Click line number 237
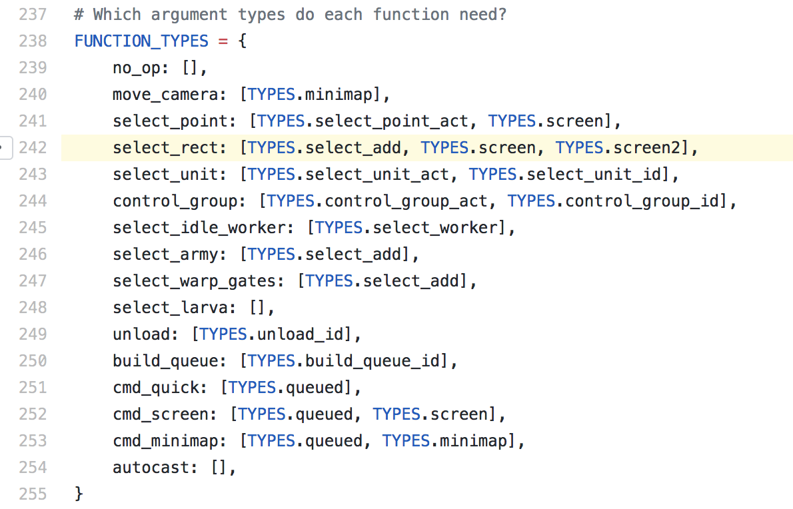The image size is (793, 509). tap(33, 14)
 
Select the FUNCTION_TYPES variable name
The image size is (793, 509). tap(141, 41)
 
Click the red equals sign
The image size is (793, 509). tap(223, 41)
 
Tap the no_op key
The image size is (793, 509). tap(137, 68)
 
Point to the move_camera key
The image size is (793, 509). tap(165, 95)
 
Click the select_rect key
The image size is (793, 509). tap(165, 148)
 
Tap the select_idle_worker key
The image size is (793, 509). tap(199, 228)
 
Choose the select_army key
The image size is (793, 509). tap(165, 254)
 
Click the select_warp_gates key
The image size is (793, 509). tap(194, 281)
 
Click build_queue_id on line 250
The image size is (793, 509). tap(373, 361)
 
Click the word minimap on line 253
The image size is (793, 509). tap(473, 441)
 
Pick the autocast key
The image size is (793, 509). tap(151, 468)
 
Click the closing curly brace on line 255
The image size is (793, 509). tap(79, 493)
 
